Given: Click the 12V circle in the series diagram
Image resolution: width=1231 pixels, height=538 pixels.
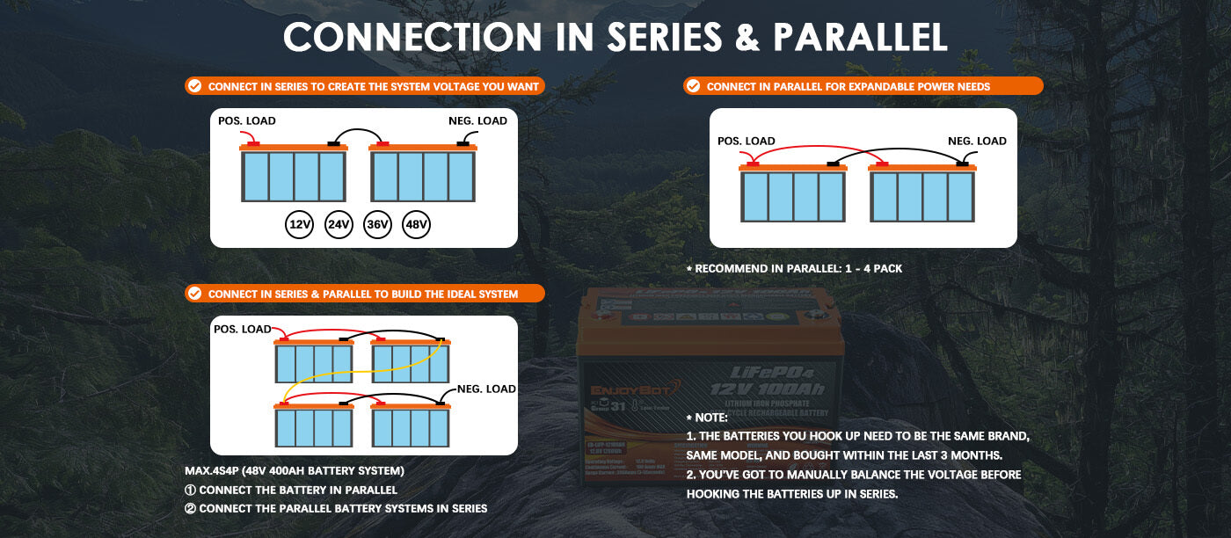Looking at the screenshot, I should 300,225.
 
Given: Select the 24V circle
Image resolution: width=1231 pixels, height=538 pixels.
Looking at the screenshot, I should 339,225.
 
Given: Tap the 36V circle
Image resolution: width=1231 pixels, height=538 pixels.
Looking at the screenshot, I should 377,225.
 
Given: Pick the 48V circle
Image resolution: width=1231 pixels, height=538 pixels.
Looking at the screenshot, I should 416,225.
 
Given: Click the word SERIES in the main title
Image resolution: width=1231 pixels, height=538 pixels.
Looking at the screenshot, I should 634,37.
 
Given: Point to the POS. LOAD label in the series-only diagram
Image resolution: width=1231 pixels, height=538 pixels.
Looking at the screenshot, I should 247,120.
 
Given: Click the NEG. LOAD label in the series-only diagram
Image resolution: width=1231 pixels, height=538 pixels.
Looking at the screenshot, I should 478,120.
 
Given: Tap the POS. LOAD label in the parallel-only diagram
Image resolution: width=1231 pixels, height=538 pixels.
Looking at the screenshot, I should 747,141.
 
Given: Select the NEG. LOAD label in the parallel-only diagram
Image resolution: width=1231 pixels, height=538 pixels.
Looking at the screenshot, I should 977,141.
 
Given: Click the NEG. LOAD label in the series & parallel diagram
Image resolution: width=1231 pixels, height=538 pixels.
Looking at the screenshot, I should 486,389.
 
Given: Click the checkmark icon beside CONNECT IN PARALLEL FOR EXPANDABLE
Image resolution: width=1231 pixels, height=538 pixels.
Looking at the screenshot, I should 693,86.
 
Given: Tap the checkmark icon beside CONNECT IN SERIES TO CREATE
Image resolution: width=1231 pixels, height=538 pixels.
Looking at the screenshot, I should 194,86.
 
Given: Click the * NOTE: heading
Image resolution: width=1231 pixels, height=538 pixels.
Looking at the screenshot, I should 707,417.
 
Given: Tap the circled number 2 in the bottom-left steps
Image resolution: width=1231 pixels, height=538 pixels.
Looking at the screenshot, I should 190,508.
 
